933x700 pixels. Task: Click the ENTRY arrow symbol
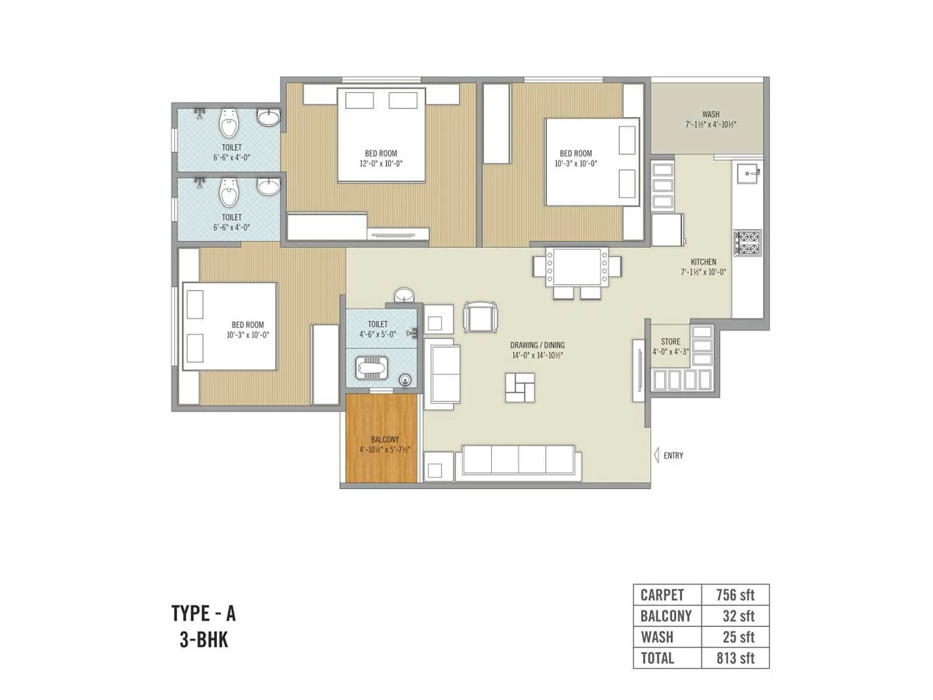coord(657,455)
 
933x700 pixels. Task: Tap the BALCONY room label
coord(385,439)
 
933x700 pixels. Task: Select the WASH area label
coord(710,114)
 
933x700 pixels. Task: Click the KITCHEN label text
coord(703,262)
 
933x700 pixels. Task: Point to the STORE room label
coord(670,342)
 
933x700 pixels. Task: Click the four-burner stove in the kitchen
coord(748,243)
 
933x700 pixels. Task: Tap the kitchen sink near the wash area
coord(748,173)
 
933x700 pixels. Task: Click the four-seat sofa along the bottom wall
coord(518,460)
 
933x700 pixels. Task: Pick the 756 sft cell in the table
coord(735,595)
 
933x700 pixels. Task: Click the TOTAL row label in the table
coord(657,658)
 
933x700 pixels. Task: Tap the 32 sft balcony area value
coord(738,616)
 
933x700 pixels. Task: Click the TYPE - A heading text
coord(204,614)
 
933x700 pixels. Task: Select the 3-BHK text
coord(204,640)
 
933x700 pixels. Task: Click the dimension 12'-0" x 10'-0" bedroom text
coord(381,164)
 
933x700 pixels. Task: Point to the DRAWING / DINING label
coord(537,345)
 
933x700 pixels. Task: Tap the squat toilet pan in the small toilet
coord(371,367)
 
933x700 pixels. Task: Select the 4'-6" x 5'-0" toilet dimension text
coord(377,334)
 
